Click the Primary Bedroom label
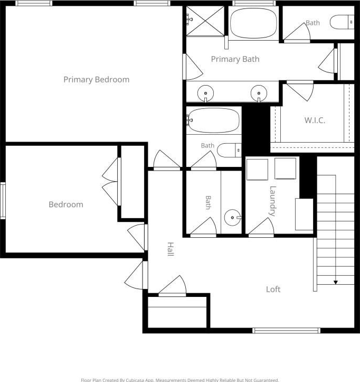[x=97, y=80]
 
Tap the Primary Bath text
[x=235, y=59]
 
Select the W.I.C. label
[x=315, y=120]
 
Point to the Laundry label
[x=272, y=201]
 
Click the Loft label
[x=273, y=289]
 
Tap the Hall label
[x=170, y=249]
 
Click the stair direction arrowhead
[x=336, y=282]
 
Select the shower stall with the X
[x=205, y=21]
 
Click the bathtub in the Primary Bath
[x=253, y=23]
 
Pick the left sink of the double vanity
[x=206, y=94]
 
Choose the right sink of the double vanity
[x=259, y=94]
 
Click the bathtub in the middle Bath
[x=214, y=120]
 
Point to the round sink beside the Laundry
[x=233, y=217]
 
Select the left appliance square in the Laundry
[x=257, y=169]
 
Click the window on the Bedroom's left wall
[x=3, y=200]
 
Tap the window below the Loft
[x=286, y=330]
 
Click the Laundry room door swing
[x=261, y=227]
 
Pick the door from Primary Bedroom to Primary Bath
[x=193, y=67]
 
